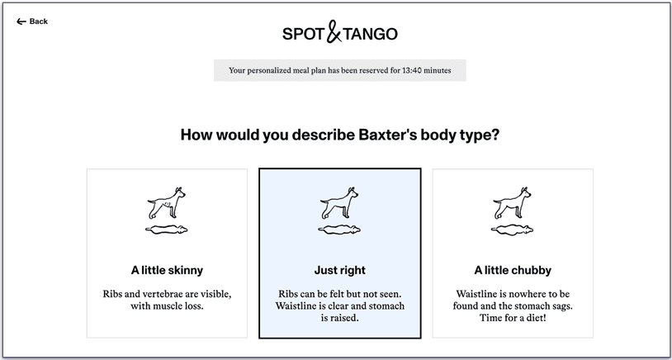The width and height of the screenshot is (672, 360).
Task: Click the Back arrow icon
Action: point(21,21)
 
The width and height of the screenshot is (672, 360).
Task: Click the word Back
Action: point(39,21)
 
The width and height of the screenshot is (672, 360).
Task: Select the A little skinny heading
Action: point(167,270)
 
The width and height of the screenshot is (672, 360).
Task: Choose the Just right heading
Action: point(339,270)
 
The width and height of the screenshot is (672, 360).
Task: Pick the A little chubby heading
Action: point(513,270)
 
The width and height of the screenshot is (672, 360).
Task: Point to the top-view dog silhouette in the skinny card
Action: point(167,230)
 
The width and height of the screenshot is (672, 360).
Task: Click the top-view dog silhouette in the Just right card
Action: point(339,230)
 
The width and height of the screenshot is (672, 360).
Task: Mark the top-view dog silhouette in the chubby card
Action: point(513,230)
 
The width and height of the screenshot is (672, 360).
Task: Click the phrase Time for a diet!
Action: point(512,318)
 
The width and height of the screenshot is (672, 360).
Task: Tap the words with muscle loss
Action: point(167,306)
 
